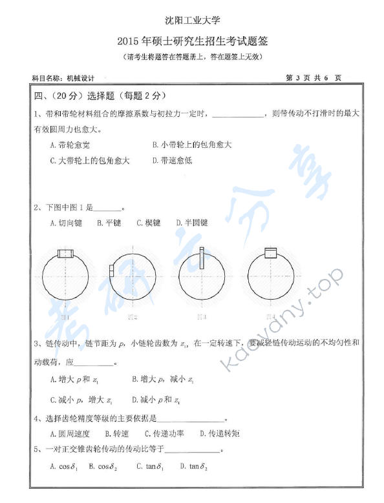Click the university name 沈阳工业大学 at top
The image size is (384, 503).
point(192,23)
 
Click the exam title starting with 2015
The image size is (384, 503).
point(192,42)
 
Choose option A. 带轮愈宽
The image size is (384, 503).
point(70,145)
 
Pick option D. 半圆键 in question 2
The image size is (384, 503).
point(192,223)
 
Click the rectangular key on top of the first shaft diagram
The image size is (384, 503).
point(67,253)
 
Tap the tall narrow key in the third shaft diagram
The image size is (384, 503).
point(201,259)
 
